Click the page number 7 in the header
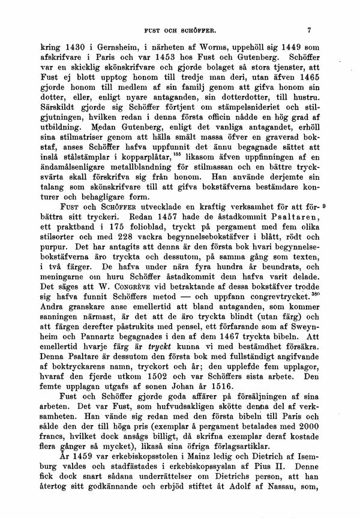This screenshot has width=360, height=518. [x=308, y=28]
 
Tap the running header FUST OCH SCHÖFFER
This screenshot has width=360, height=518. [x=179, y=29]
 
